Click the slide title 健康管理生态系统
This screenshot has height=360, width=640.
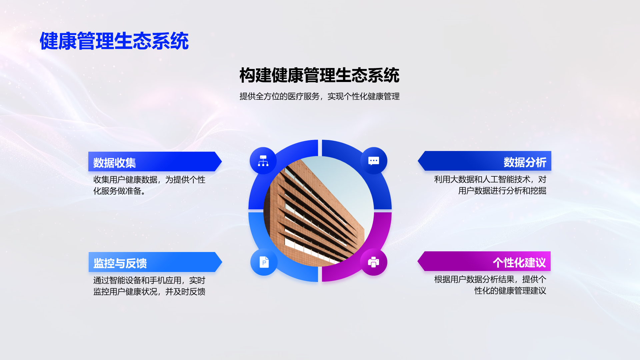click(114, 41)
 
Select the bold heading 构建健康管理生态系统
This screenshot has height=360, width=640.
click(319, 75)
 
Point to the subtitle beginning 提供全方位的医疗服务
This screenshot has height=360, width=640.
click(319, 96)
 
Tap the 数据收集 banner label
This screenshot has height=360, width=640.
click(115, 163)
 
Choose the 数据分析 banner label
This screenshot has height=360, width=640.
click(525, 162)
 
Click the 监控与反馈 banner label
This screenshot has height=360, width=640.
click(120, 263)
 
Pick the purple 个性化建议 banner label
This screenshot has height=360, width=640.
click(519, 262)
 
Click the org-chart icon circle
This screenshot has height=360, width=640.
click(263, 161)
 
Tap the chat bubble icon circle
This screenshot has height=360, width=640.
click(374, 161)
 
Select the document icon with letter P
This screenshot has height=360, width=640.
click(264, 262)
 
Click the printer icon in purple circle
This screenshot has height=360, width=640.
click(374, 262)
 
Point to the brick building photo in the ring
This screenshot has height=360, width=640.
click(319, 211)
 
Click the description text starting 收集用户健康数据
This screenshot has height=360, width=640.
click(149, 185)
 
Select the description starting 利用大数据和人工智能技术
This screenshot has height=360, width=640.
click(490, 185)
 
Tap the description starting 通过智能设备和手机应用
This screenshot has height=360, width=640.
click(149, 286)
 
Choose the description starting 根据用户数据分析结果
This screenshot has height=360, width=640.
click(490, 285)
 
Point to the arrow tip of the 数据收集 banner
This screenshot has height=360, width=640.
click(222, 162)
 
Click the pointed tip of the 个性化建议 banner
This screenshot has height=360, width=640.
click(418, 261)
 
